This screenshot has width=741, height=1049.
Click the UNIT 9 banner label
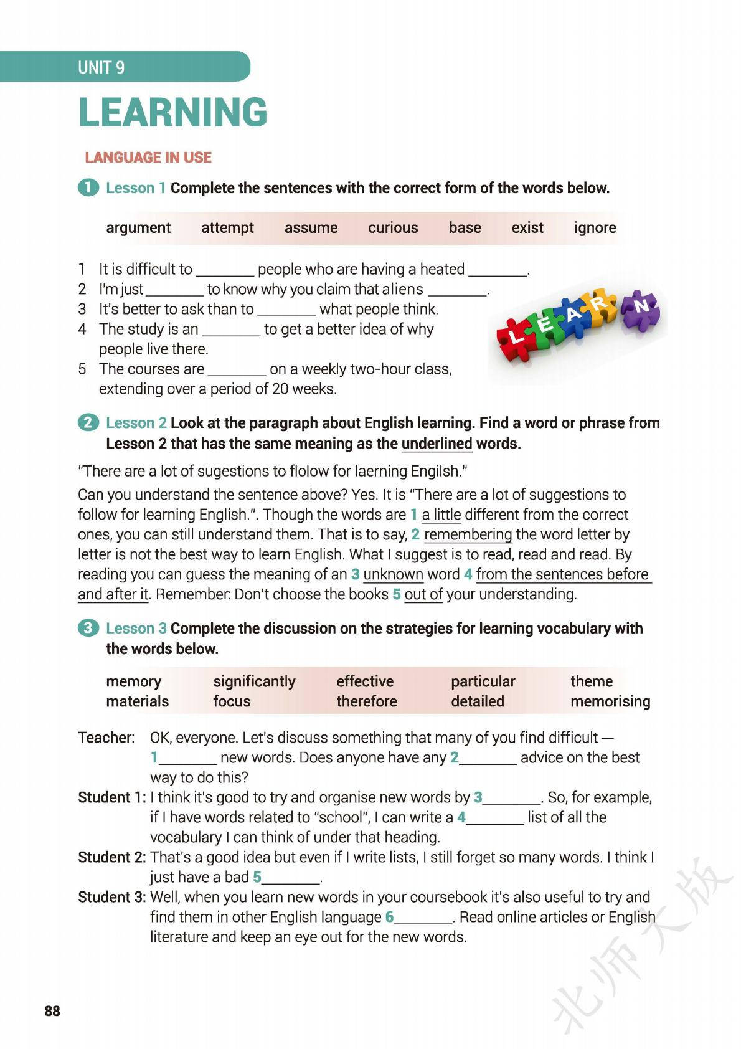click(101, 67)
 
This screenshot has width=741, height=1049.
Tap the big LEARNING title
click(172, 112)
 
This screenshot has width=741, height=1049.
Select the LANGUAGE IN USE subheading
click(148, 158)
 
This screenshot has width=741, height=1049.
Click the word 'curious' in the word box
click(393, 228)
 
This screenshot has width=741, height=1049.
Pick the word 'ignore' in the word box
click(595, 228)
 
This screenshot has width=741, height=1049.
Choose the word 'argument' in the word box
click(138, 228)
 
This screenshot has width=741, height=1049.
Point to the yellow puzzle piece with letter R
click(601, 305)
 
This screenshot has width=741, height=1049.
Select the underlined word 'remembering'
click(468, 534)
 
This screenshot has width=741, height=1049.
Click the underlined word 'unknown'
click(393, 574)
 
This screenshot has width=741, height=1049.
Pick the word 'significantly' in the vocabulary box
click(254, 681)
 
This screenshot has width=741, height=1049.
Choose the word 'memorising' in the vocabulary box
click(610, 701)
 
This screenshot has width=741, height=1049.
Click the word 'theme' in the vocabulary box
click(591, 681)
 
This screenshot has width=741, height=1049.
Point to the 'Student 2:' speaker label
click(111, 857)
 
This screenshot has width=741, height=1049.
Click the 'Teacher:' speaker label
click(106, 738)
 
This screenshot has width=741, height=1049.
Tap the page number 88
click(52, 1011)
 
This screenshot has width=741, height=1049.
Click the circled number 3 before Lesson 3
click(88, 628)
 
